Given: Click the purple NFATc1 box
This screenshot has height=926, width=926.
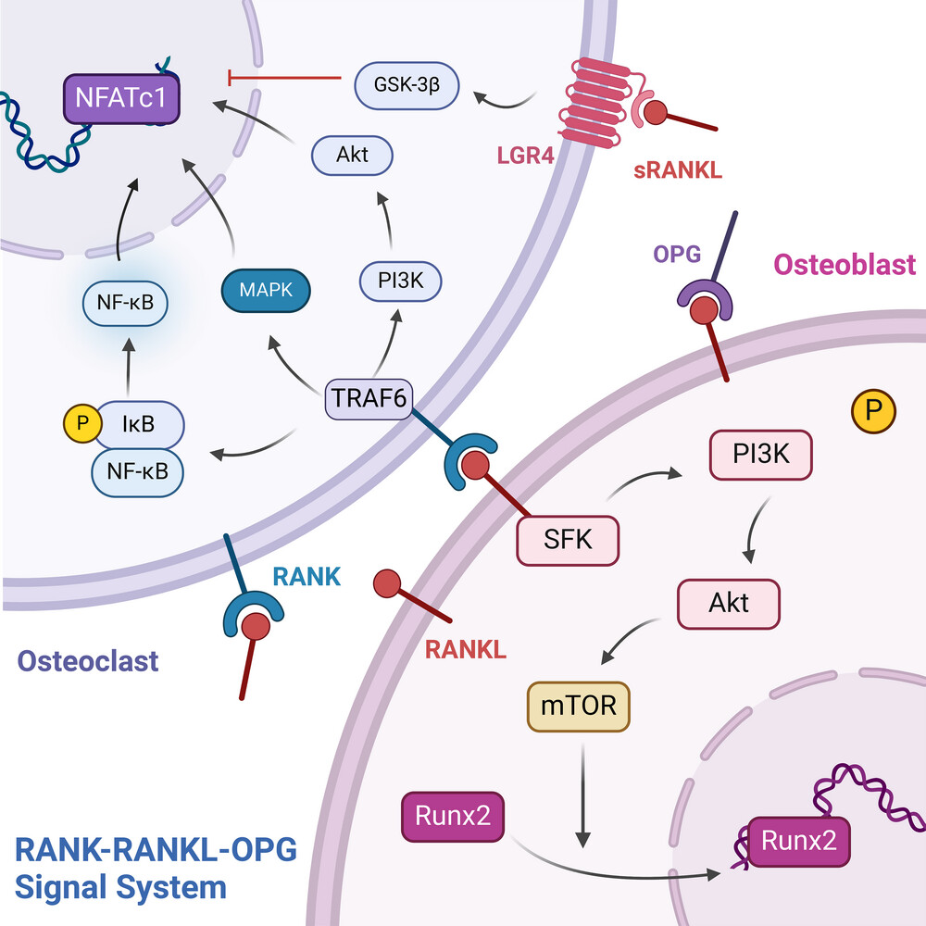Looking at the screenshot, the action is pos(121,99).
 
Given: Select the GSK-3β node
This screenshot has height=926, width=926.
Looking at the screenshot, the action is pos(407,85).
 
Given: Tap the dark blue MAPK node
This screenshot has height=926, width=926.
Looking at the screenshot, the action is pos(266,290).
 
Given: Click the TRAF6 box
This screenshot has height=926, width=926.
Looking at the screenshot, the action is pos(369,398).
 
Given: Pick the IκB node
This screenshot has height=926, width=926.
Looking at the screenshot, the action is pos(140,424).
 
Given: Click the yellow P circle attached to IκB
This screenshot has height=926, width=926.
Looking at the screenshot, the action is pos(82,423).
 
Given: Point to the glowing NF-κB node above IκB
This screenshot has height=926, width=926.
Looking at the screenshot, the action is pos(125,303).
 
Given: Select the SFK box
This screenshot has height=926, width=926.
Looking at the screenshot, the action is pos(569,541).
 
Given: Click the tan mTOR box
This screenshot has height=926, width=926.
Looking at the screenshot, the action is pos(579,707).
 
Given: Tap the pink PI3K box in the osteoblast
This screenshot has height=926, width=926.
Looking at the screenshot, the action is pos(760,455).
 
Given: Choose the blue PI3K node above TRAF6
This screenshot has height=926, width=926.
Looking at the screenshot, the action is pos(400,281).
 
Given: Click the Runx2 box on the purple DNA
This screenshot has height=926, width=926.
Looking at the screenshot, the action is pos(799,842).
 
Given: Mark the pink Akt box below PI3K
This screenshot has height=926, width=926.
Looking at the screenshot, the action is pos(729,604).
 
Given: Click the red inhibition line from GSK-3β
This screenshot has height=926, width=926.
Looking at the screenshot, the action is pos(284,78).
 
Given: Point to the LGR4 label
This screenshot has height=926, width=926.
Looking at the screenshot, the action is pos(526,156).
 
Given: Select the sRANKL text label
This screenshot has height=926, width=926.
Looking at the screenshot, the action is pos(678,170).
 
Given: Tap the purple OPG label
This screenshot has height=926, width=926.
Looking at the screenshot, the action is pos(677,254).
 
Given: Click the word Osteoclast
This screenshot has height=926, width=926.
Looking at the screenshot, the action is pos(88,661).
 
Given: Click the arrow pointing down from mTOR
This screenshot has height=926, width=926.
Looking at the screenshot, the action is pos(582,795).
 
